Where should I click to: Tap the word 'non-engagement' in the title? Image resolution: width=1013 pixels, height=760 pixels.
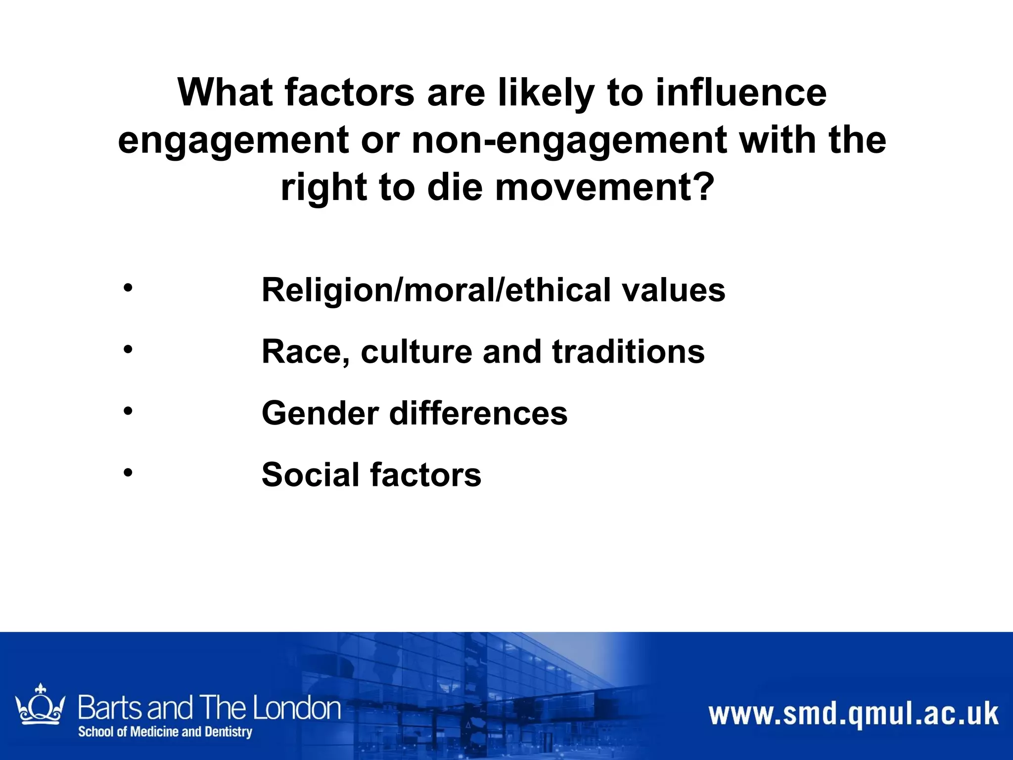click(569, 141)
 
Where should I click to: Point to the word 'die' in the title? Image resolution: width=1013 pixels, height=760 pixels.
click(455, 188)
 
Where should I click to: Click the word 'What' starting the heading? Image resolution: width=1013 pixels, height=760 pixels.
click(225, 93)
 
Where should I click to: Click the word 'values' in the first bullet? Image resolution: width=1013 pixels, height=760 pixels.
click(674, 290)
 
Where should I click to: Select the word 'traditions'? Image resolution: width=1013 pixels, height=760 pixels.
click(628, 352)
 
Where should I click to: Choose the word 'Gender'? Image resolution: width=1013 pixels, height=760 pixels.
click(321, 413)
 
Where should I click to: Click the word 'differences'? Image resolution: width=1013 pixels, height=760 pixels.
click(478, 413)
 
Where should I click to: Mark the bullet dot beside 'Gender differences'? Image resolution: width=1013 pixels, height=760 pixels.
click(128, 411)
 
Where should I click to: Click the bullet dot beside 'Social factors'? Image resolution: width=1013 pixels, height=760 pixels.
click(128, 473)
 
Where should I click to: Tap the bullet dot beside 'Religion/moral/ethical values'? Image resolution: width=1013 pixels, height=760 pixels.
click(128, 288)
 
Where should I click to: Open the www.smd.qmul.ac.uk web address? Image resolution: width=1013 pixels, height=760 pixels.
click(853, 714)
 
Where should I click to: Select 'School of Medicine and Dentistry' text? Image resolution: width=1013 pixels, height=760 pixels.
click(165, 731)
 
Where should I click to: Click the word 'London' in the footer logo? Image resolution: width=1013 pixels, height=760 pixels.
click(297, 708)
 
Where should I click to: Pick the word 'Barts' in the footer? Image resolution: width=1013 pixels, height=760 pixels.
click(110, 708)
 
